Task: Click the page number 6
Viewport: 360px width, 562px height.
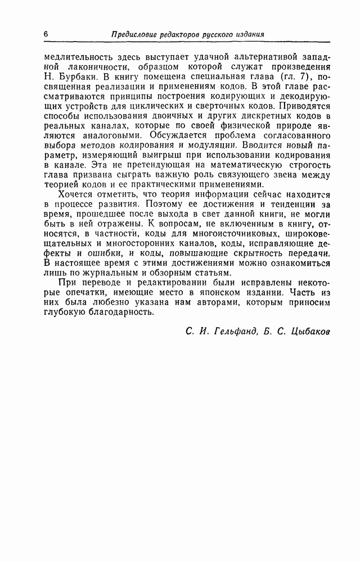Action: (x=45, y=33)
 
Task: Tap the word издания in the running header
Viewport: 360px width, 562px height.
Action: (x=248, y=34)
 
